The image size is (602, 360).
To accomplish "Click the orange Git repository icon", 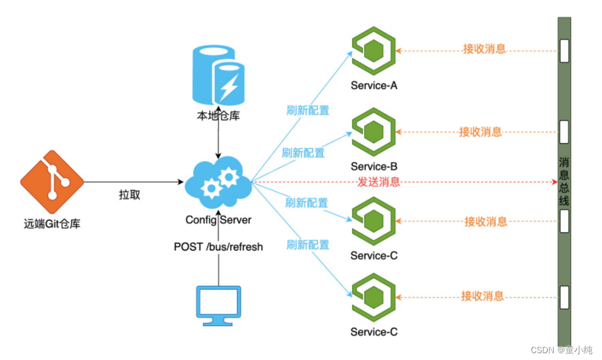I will tap(51, 182).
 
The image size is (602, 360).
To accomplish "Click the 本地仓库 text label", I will tap(218, 116).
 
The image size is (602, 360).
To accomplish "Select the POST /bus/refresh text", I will tap(218, 247).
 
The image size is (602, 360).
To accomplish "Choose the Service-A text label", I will tap(374, 85).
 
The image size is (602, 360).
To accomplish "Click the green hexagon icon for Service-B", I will tap(373, 132).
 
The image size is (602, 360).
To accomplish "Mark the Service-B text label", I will tap(374, 166).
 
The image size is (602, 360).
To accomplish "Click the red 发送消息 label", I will tap(379, 182).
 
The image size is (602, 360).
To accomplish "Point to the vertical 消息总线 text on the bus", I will tap(564, 181).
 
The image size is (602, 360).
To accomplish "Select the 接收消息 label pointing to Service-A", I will tap(484, 49).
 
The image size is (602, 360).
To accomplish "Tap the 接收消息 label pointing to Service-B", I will tap(480, 132).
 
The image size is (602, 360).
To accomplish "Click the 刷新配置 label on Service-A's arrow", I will tap(307, 111).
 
